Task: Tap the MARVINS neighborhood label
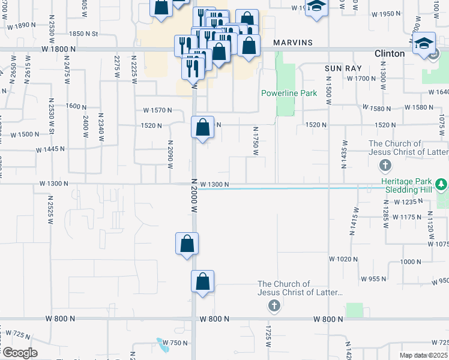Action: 293,43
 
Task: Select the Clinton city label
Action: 390,53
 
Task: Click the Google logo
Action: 19,353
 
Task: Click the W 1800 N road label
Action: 58,49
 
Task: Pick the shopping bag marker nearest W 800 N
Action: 203,281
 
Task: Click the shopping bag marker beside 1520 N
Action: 203,127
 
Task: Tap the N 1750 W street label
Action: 256,140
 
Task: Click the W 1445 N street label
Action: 50,149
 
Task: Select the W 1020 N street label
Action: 343,259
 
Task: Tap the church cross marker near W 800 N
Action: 274,307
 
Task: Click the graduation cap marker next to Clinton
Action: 424,43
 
